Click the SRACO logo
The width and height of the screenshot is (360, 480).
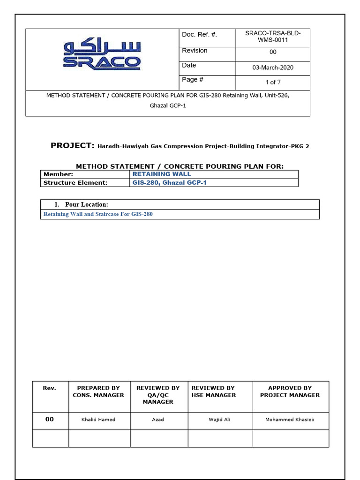tap(102, 55)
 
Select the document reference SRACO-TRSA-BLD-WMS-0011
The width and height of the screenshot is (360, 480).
tap(273, 37)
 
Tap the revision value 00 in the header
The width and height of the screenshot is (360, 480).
tap(273, 52)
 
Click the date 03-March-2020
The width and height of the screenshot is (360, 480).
tap(273, 67)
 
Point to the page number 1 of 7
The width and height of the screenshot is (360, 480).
tap(273, 82)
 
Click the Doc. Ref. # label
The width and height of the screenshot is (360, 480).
tap(200, 35)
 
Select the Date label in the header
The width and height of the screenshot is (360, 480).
tap(189, 65)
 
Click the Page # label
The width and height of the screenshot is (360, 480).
tap(193, 80)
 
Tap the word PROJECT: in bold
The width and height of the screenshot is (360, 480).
tap(73, 146)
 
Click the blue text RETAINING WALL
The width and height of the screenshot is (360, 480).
tap(162, 174)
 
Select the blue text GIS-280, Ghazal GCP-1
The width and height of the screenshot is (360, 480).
tap(170, 183)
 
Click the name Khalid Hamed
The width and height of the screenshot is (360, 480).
tap(98, 420)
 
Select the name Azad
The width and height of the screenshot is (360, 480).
tap(158, 420)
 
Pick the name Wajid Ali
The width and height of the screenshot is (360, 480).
tap(219, 420)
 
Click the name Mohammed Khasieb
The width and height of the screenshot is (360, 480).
tap(290, 420)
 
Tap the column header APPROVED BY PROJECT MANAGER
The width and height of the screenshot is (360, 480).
tap(290, 391)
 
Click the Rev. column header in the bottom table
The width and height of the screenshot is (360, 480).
tap(50, 388)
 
